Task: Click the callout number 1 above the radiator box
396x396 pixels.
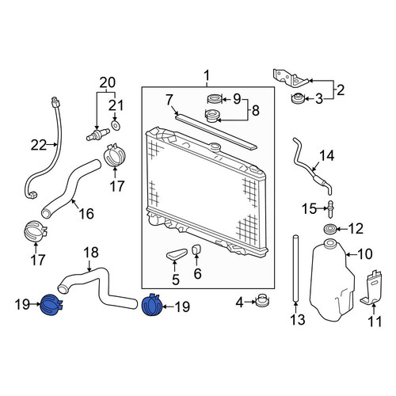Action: point(207,75)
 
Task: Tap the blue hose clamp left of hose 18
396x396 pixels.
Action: point(51,305)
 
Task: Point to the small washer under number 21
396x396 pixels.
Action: point(116,125)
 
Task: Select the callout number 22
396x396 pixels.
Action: point(39,145)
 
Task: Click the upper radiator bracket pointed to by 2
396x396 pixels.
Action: point(291,78)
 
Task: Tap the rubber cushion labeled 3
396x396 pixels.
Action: point(297,99)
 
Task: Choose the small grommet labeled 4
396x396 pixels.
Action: point(263,300)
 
